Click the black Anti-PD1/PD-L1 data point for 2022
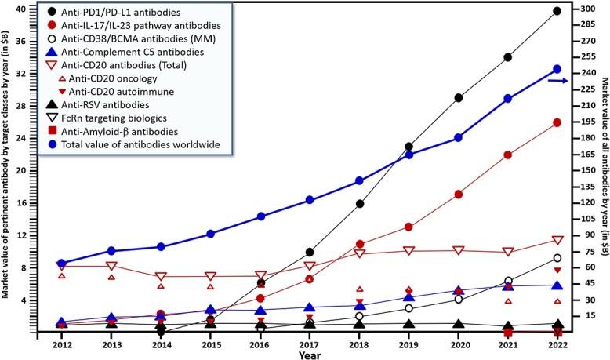click(x=557, y=11)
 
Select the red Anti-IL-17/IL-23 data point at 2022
click(x=557, y=123)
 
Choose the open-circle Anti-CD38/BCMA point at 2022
click(x=557, y=258)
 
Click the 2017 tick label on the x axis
click(x=310, y=344)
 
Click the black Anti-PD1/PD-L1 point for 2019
click(x=408, y=147)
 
